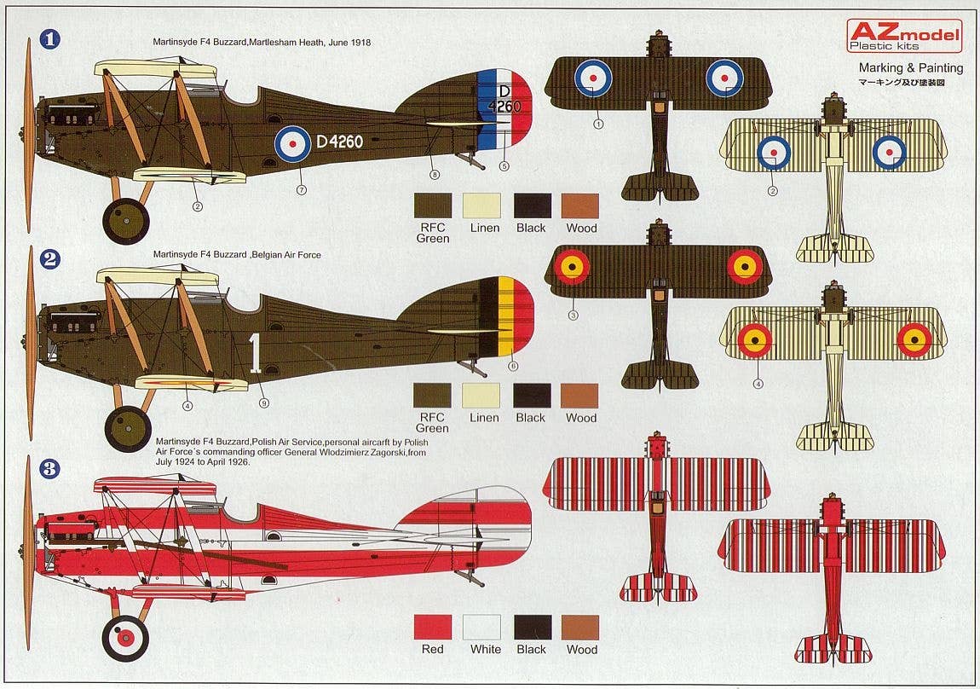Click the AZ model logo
point(904,35)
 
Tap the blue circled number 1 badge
point(50,39)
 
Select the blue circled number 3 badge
point(50,468)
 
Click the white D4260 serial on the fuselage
point(339,142)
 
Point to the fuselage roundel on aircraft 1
point(292,144)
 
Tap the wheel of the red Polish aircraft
point(125,638)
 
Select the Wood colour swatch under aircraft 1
point(580,206)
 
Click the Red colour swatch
point(432,627)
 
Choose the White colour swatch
point(481,627)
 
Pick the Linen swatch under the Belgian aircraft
point(481,396)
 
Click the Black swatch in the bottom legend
point(532,627)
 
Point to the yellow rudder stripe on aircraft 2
point(505,316)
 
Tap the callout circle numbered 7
point(301,189)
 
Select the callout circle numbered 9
point(263,402)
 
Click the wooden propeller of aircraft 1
point(29,136)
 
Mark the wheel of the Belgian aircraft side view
point(128,429)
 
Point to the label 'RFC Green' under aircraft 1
point(433,233)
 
